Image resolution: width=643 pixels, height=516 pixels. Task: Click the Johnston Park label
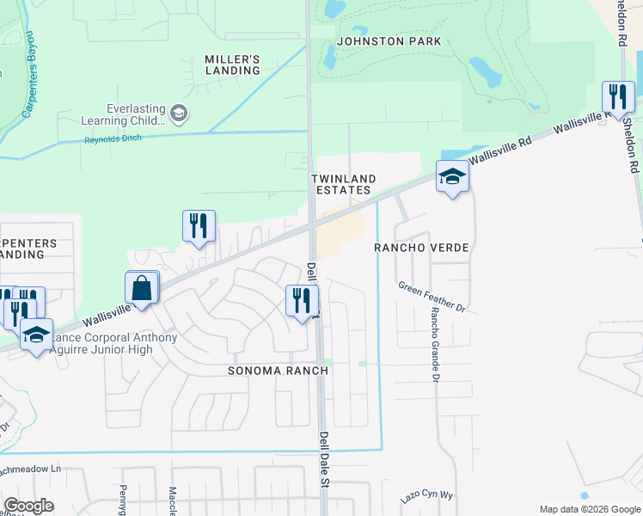click(x=389, y=41)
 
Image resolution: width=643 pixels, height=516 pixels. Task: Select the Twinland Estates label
click(x=341, y=183)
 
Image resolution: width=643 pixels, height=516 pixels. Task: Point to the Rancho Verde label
click(x=421, y=248)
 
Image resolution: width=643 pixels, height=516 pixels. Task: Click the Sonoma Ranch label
click(x=278, y=371)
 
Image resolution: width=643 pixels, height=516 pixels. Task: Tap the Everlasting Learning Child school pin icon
click(x=179, y=113)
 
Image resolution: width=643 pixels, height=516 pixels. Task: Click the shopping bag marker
click(x=143, y=288)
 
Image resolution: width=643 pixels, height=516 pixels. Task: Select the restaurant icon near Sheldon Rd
click(x=618, y=96)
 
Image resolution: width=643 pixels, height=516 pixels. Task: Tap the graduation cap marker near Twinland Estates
click(x=452, y=177)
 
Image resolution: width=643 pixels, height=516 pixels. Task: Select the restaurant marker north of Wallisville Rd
click(x=199, y=227)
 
